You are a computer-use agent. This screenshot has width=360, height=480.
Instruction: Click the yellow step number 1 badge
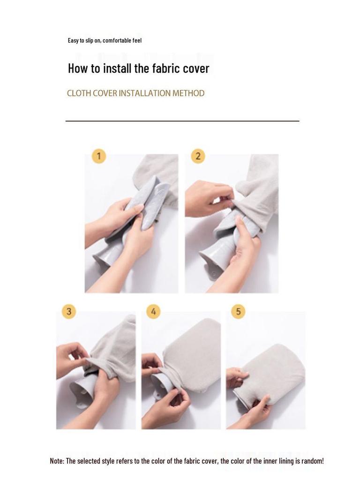(98, 156)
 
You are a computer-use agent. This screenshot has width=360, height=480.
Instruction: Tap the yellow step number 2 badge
(198, 156)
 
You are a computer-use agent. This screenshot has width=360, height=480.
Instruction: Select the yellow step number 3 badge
(69, 312)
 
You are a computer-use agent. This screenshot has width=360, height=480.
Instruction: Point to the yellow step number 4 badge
(153, 312)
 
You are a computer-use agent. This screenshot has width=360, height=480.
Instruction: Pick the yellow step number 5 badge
(239, 312)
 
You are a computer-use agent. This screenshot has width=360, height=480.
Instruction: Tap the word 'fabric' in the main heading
(166, 68)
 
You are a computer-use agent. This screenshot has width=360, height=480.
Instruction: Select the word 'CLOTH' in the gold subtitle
(79, 93)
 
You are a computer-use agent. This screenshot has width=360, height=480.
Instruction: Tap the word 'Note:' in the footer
(57, 461)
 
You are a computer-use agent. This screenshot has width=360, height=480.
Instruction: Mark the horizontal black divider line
(182, 121)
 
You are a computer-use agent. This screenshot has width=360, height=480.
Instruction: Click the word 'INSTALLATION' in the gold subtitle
(145, 93)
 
